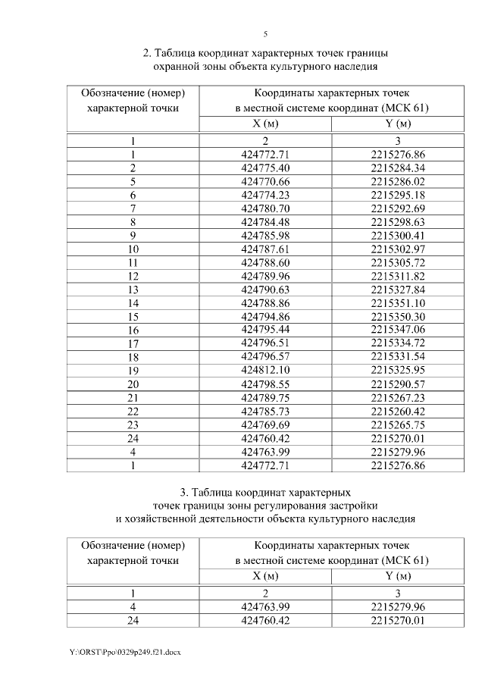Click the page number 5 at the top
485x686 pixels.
[265, 34]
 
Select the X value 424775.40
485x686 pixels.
[265, 168]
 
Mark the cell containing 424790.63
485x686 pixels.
[265, 290]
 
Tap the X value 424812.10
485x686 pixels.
[265, 371]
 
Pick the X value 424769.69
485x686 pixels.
[265, 425]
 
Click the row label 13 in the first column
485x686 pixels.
[133, 290]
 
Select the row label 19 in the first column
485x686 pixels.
[133, 371]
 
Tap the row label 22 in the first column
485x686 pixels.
[133, 412]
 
